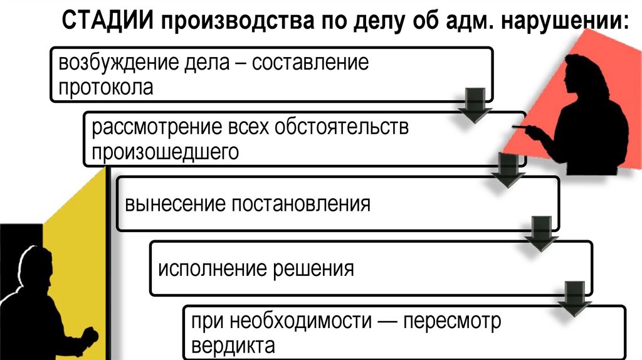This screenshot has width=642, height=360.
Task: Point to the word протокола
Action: (106, 87)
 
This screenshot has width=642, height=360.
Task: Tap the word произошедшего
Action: (166, 151)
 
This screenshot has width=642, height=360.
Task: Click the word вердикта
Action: (233, 345)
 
